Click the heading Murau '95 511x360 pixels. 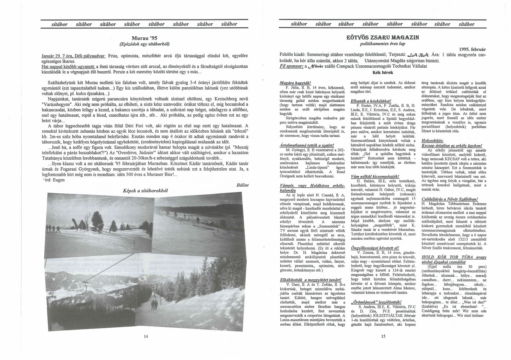[144, 38]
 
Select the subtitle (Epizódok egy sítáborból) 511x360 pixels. [144, 44]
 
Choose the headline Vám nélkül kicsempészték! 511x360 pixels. [369, 175]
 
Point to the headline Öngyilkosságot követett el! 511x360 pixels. [370, 247]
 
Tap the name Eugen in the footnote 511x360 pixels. [58, 180]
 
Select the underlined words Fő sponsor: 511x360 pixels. [288, 66]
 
